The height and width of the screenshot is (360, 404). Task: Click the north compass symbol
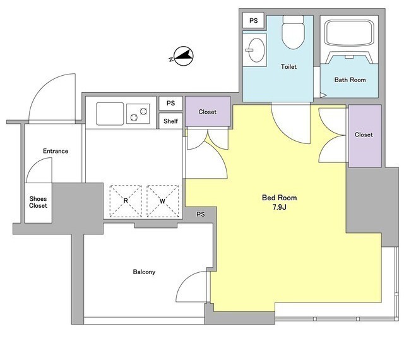click(183, 56)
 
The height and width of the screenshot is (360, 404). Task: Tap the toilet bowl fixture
click(293, 32)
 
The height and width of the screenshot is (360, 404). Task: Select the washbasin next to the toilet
click(255, 50)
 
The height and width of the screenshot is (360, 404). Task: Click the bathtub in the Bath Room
click(349, 33)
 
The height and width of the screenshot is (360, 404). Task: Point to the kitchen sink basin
click(110, 114)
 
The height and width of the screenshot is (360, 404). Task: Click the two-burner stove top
click(138, 114)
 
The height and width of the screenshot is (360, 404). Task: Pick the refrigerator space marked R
click(126, 201)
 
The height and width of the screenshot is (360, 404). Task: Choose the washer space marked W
click(163, 201)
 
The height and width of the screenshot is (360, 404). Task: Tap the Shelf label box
click(170, 121)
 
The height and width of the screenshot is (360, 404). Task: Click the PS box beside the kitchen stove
click(170, 104)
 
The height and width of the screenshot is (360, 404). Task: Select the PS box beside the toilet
click(254, 20)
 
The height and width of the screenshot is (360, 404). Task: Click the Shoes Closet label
click(38, 202)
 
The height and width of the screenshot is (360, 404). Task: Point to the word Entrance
click(56, 151)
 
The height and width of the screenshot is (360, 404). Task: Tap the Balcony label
click(144, 272)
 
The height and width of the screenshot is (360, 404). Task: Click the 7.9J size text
click(280, 207)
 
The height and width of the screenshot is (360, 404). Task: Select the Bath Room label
click(350, 80)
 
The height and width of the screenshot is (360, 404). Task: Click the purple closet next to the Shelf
click(208, 112)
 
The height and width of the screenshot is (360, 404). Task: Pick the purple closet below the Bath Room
click(365, 136)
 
